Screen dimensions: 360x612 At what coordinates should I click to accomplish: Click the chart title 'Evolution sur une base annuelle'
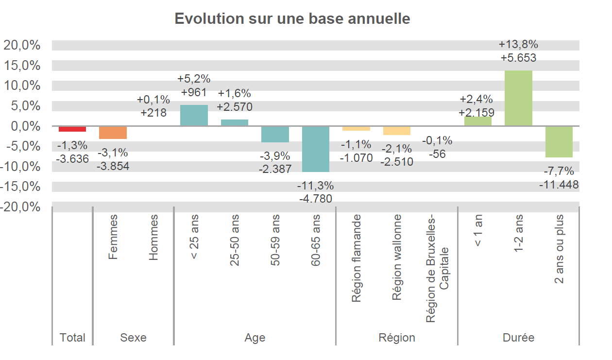point(292,19)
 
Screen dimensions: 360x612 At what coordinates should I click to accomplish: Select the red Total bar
point(72,129)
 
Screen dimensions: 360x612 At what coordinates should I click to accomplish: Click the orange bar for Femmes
point(113,133)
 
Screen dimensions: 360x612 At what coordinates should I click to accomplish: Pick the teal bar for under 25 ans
point(194,116)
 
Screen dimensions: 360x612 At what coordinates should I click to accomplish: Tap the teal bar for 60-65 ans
point(316,149)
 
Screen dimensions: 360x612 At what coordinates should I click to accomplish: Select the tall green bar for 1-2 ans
point(518,98)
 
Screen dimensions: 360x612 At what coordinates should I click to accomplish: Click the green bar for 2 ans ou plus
point(559,142)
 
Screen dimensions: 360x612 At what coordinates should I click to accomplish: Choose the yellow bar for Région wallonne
point(397,131)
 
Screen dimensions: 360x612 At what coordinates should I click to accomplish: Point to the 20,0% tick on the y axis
point(22,45)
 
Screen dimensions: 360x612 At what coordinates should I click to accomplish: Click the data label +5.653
point(518,58)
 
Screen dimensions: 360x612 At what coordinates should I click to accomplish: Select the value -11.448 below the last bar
point(559,185)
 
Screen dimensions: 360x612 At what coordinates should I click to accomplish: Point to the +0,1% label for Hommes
point(153,100)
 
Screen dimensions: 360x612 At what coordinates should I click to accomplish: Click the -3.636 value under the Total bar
point(72,158)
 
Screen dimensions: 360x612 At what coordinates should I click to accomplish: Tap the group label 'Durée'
point(518,338)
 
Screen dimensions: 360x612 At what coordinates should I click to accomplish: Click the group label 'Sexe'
point(133,338)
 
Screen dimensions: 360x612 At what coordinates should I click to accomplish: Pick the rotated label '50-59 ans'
point(275,240)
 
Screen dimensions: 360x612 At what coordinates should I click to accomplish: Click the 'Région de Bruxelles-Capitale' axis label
point(438,269)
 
